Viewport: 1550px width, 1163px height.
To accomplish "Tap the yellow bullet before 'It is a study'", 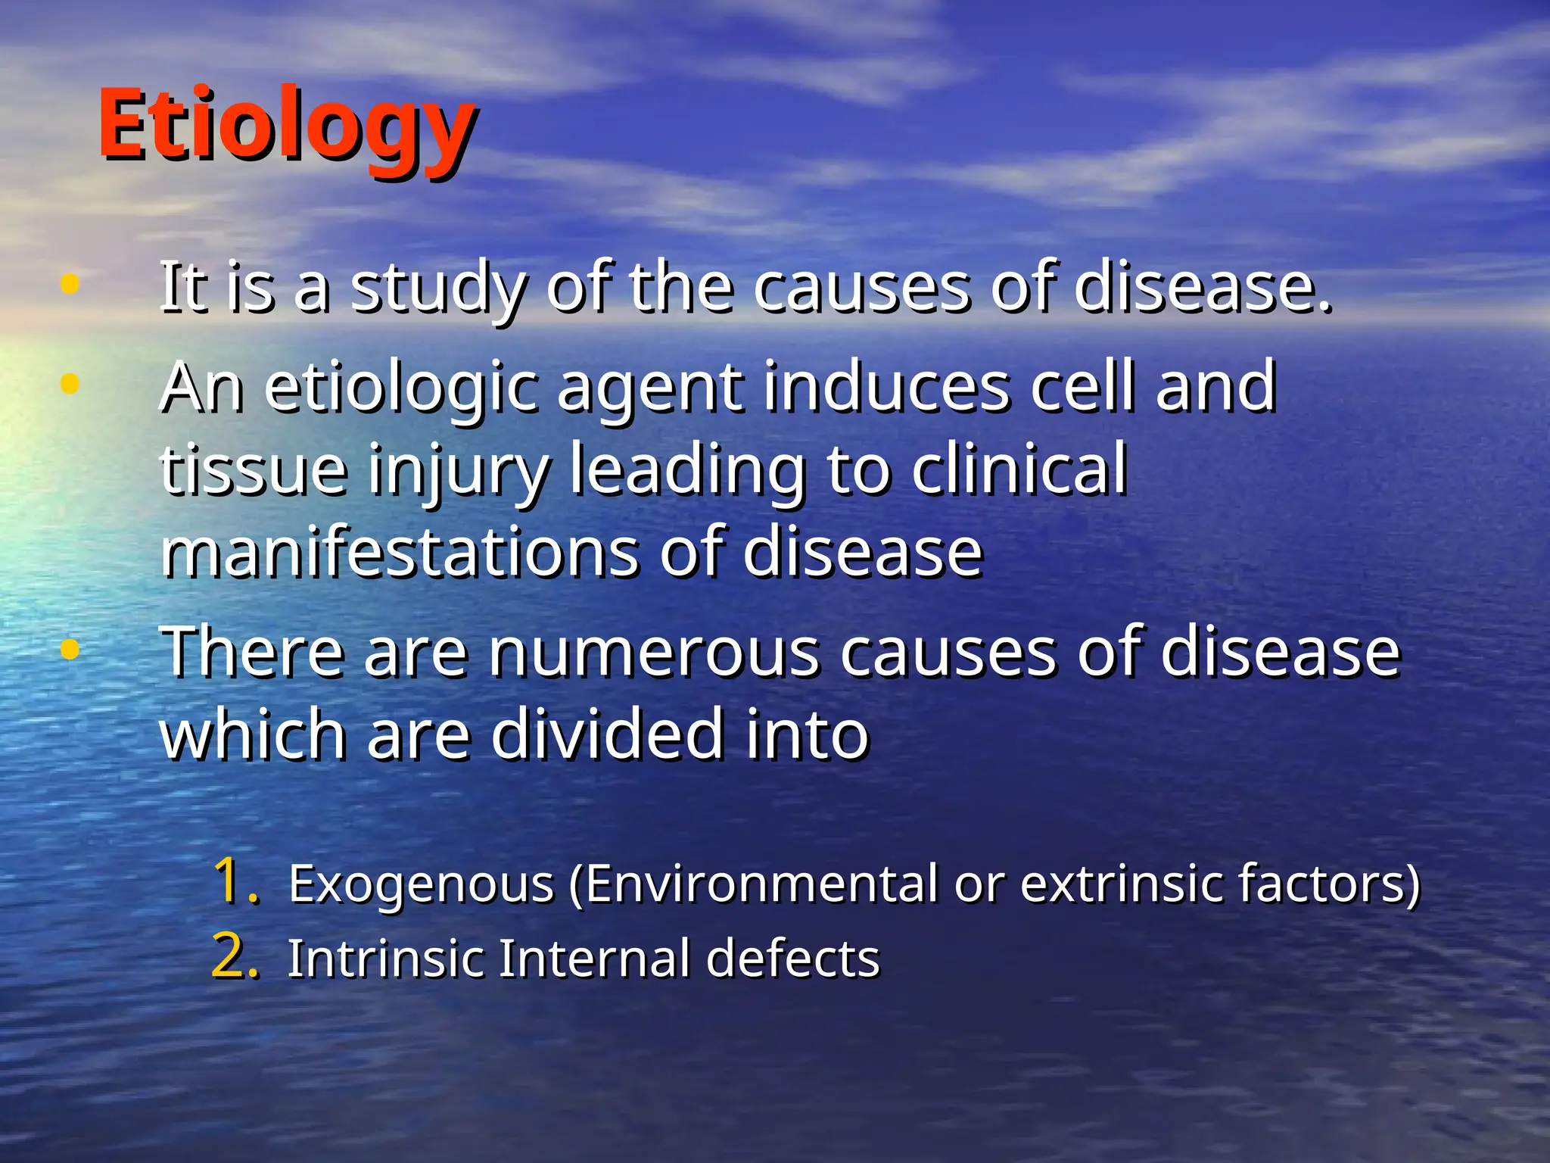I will (70, 284).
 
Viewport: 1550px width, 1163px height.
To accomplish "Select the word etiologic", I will (401, 388).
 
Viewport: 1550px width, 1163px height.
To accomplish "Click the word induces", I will (886, 387).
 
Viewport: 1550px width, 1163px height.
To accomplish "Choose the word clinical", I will (1019, 469).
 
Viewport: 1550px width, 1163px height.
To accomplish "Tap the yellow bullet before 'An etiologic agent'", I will (70, 384).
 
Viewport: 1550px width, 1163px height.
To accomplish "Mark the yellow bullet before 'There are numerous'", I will (70, 649).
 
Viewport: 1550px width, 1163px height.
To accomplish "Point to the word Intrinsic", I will (385, 959).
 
